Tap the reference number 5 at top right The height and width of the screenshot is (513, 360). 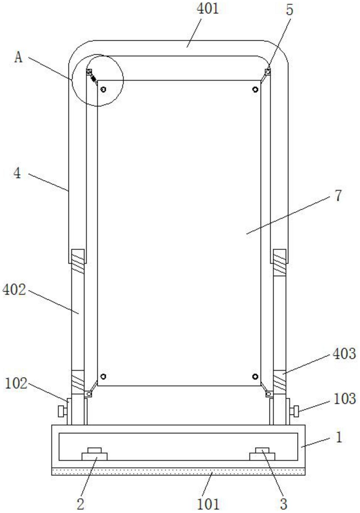click(290, 10)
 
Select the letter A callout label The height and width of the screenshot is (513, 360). click(18, 58)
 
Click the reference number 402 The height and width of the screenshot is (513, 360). click(14, 290)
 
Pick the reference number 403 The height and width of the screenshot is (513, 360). click(344, 354)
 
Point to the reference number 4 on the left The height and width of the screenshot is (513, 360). click(17, 173)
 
